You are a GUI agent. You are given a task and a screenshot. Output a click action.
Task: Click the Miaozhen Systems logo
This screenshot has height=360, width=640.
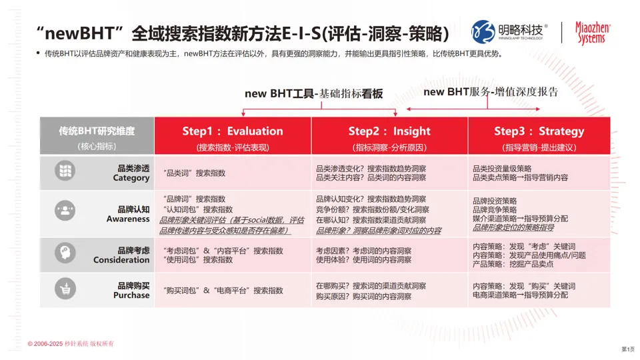coord(592,32)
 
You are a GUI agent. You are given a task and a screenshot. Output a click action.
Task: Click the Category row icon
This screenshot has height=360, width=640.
coord(65,171)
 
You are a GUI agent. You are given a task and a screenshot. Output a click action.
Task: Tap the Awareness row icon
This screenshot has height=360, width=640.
coord(65,211)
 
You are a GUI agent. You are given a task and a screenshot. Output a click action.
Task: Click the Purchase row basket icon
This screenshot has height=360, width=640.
coord(65,289)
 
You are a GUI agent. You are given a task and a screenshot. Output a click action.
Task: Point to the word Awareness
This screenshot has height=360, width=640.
coord(128,219)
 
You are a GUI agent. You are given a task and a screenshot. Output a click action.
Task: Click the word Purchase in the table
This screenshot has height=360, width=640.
coord(131,295)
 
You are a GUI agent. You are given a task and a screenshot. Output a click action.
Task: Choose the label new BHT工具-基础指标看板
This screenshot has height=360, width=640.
coord(314,94)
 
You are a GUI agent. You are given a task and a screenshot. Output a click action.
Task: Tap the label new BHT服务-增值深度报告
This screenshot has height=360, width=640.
coord(491,91)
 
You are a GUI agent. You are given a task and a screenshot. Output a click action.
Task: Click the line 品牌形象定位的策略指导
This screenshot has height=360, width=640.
coord(513,227)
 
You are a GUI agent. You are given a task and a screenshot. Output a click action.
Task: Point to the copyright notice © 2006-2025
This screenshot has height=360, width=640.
coord(71,343)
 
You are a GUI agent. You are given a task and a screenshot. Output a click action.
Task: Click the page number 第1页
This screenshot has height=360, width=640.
coord(627,349)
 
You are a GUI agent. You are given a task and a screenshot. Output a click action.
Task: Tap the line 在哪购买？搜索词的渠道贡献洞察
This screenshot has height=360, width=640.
coord(371,285)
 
